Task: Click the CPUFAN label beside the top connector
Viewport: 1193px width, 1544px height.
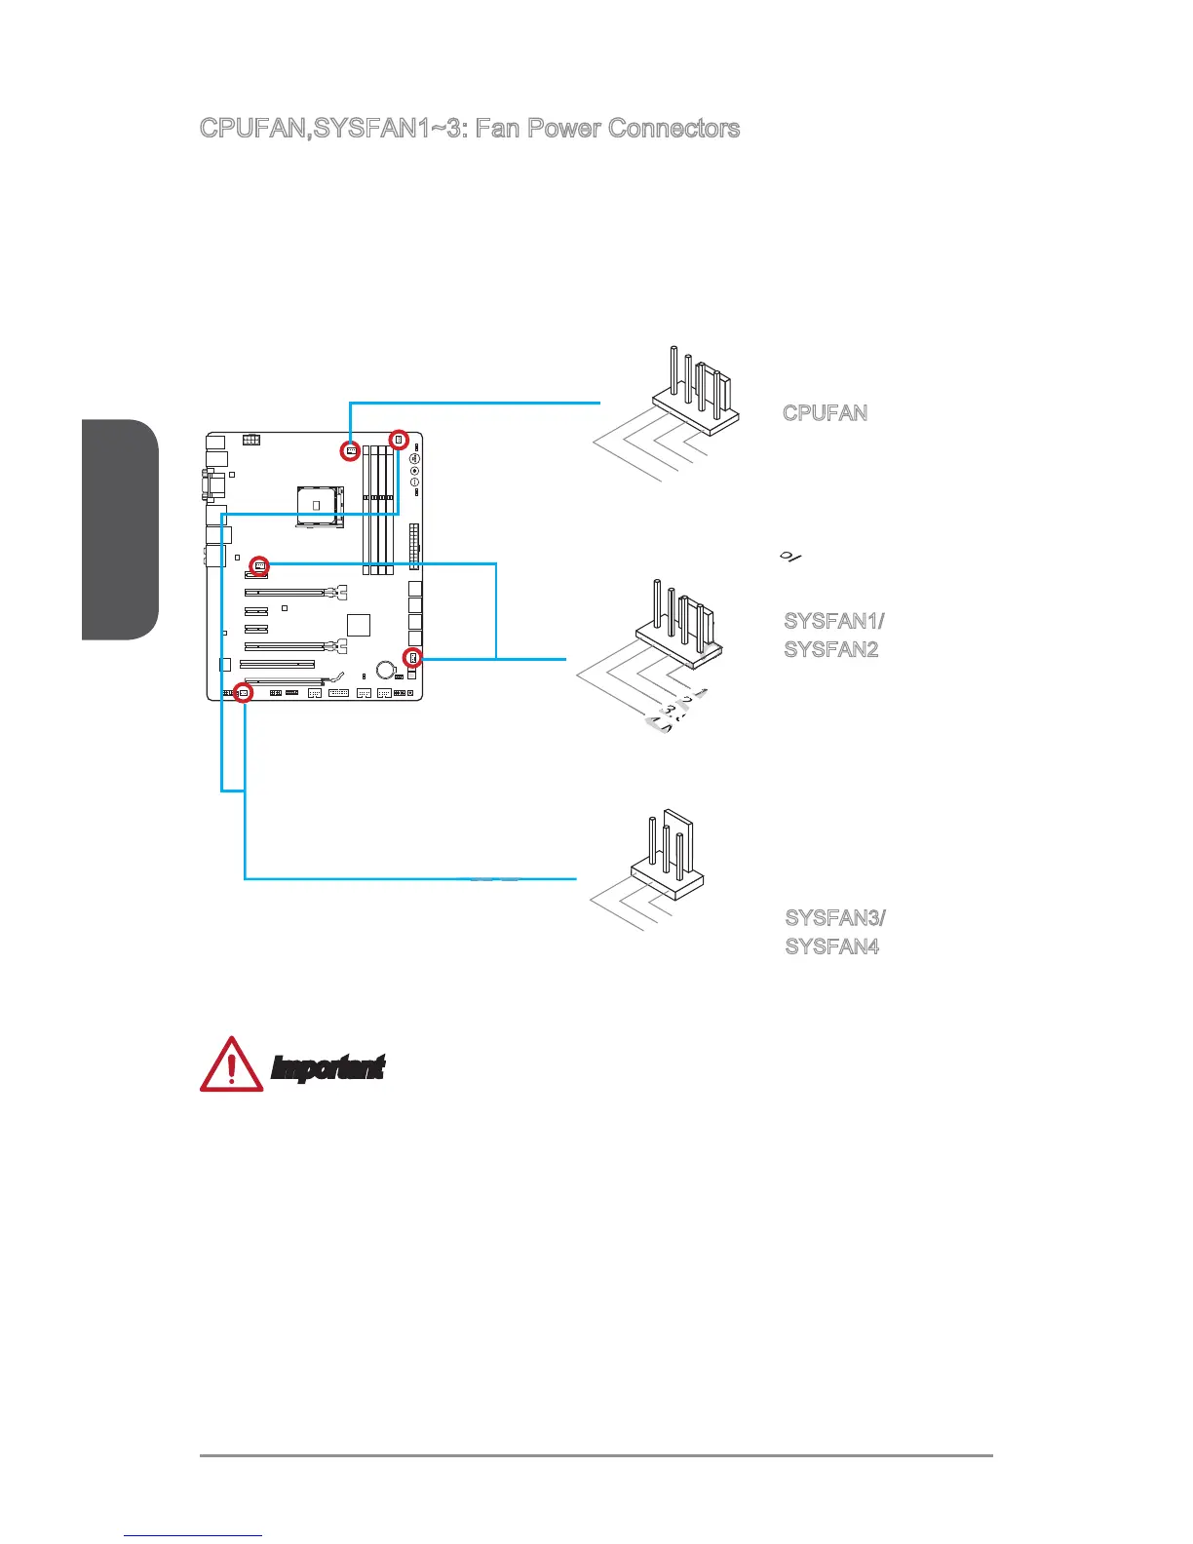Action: tap(825, 412)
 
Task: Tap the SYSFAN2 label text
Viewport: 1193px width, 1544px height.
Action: tap(831, 649)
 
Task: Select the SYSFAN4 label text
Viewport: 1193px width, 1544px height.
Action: tap(831, 946)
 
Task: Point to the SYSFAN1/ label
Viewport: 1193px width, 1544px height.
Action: tap(834, 621)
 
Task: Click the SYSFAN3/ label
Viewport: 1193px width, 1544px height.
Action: tap(835, 918)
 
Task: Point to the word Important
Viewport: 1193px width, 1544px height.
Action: tap(327, 1068)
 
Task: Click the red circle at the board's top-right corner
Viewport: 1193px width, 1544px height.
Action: tap(398, 440)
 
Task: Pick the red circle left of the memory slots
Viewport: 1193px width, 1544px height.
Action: tap(351, 451)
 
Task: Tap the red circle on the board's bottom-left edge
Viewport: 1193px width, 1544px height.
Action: tap(244, 693)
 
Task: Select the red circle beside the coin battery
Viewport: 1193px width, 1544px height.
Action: tap(412, 657)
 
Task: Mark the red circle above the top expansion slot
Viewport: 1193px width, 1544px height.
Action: tap(260, 564)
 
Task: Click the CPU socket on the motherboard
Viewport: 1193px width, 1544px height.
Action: tap(319, 506)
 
